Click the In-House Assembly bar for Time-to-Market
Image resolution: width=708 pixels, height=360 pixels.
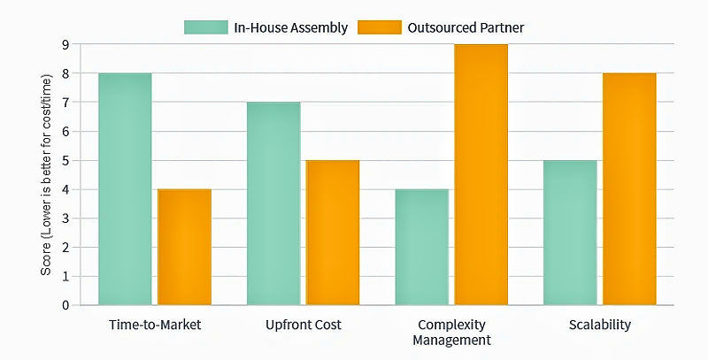tap(125, 189)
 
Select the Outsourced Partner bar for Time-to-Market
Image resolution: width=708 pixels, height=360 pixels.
tap(184, 247)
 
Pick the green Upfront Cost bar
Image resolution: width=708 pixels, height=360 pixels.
tap(273, 203)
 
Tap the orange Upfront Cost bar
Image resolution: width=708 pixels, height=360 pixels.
tap(333, 233)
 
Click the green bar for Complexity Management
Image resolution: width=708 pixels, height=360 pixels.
tap(422, 247)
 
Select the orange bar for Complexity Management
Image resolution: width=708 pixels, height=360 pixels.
tap(481, 175)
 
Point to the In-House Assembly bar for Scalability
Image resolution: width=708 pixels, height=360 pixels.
tap(570, 233)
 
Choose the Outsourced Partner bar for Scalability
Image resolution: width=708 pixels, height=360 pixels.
tap(629, 189)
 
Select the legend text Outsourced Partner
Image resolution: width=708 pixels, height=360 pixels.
tap(466, 27)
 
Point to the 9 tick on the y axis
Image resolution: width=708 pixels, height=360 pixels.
tap(65, 45)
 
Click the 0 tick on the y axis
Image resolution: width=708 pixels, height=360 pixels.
tap(65, 305)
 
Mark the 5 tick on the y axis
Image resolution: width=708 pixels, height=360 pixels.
tap(65, 161)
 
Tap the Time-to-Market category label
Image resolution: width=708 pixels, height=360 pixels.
tap(154, 325)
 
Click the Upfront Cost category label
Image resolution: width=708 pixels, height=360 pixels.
tap(303, 325)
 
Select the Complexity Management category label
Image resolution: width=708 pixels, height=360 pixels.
tap(451, 332)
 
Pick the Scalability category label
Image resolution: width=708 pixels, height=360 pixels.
tap(600, 325)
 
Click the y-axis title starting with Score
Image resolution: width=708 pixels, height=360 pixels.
tap(46, 175)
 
